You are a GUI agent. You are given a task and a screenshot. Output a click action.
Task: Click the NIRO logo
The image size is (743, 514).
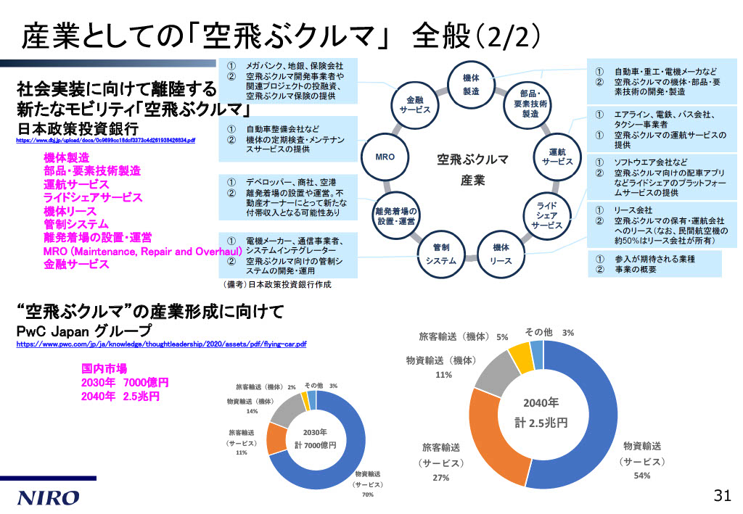(49, 497)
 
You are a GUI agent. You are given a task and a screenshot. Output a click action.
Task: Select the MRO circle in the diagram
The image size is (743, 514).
(385, 157)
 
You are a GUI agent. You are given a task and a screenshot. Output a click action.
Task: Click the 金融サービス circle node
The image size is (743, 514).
(415, 104)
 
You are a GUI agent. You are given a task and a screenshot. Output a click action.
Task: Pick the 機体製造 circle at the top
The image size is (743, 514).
(471, 84)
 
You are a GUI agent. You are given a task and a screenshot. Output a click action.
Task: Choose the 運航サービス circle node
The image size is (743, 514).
(557, 157)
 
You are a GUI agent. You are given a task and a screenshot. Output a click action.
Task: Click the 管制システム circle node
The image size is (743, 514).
(441, 254)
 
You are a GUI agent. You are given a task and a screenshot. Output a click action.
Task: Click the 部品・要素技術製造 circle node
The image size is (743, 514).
(530, 104)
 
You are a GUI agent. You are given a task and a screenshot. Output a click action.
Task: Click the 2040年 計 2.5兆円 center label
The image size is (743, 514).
(541, 413)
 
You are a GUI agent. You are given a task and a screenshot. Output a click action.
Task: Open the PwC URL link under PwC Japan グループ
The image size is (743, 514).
(161, 344)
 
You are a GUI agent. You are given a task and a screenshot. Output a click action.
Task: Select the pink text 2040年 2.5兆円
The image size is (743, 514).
(120, 397)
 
